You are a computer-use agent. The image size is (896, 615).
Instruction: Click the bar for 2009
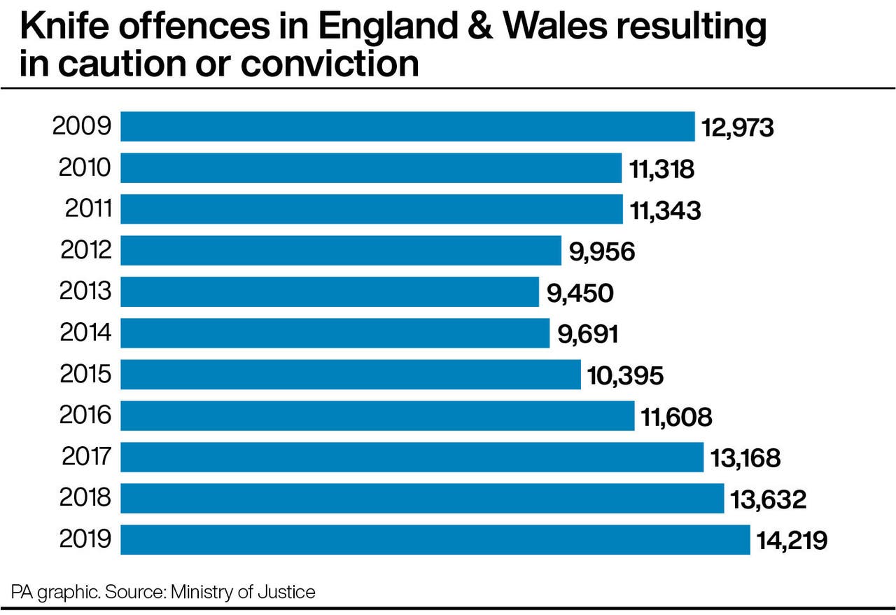pyautogui.click(x=407, y=127)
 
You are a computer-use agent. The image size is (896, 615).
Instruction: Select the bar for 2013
pyautogui.click(x=330, y=291)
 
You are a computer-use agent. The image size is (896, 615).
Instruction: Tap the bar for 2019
pyautogui.click(x=435, y=539)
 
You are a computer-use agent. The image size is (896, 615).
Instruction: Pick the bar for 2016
pyautogui.click(x=377, y=415)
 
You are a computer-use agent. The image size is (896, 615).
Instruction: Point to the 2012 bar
pyautogui.click(x=341, y=250)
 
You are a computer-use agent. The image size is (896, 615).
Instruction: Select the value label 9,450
pyautogui.click(x=580, y=293)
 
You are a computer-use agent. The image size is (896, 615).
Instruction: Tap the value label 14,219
pyautogui.click(x=792, y=541)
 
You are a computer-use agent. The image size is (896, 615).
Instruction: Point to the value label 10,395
pyautogui.click(x=625, y=375)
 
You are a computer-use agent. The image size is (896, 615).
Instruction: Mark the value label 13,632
pyautogui.click(x=769, y=499)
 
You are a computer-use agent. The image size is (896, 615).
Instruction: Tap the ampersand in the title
pyautogui.click(x=477, y=27)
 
